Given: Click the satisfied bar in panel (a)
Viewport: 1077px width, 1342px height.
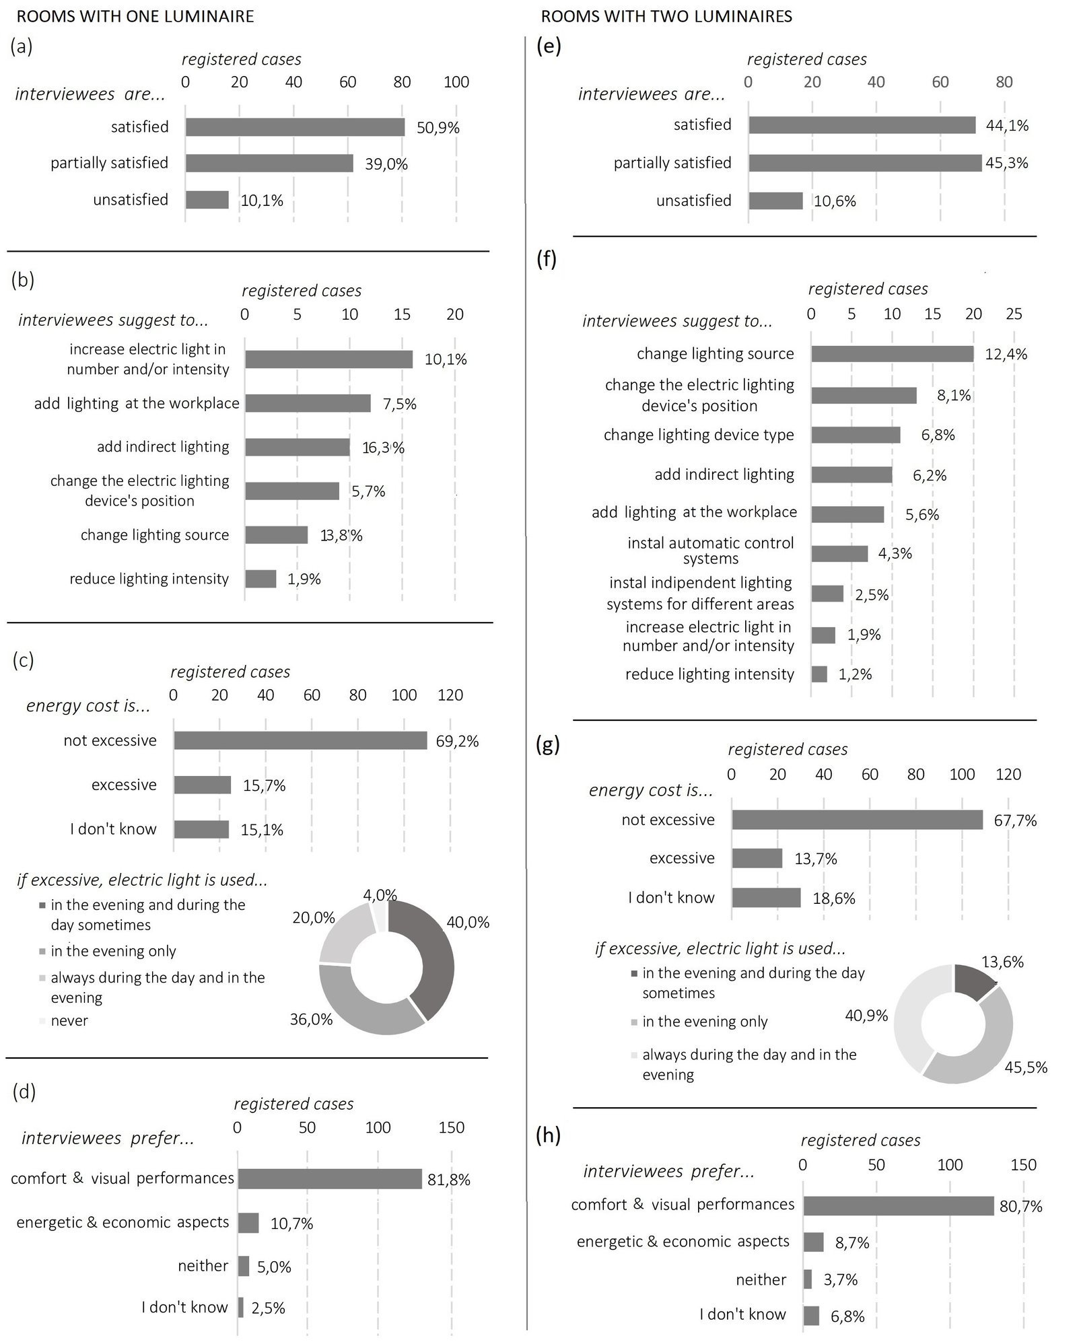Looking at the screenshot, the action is pyautogui.click(x=296, y=127).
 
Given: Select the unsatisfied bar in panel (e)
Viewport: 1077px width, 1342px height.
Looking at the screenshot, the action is pyautogui.click(x=776, y=201).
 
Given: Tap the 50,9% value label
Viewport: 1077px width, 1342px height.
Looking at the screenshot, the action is pyautogui.click(x=438, y=128).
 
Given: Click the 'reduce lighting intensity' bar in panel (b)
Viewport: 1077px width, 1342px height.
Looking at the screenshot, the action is pyautogui.click(x=260, y=579).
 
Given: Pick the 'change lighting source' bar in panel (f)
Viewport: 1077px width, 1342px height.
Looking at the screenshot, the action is pyautogui.click(x=893, y=354).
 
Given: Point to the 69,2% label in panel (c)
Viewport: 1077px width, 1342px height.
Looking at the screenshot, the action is pyautogui.click(x=458, y=742).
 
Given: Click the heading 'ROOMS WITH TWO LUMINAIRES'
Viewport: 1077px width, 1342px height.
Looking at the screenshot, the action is pyautogui.click(x=666, y=16).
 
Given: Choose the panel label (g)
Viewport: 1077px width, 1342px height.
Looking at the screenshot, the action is pyautogui.click(x=548, y=745).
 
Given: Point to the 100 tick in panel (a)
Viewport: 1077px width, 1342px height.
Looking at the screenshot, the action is pyautogui.click(x=456, y=82).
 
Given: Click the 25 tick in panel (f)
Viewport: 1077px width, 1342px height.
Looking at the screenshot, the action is pyautogui.click(x=1014, y=314).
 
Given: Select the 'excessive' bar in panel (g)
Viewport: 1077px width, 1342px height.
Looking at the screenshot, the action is pyautogui.click(x=757, y=858).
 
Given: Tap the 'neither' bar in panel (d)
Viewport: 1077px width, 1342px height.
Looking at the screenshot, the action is pyautogui.click(x=244, y=1266).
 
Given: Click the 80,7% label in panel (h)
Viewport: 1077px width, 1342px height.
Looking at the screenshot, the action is pyautogui.click(x=1021, y=1207).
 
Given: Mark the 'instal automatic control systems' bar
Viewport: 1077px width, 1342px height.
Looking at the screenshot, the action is pyautogui.click(x=840, y=553).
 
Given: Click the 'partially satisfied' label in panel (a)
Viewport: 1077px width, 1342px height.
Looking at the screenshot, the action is pyautogui.click(x=110, y=163).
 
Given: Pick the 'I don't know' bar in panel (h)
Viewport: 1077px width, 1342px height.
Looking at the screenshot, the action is pyautogui.click(x=811, y=1316).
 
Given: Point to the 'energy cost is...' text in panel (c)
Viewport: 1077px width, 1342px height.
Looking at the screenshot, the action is pyautogui.click(x=88, y=706).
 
